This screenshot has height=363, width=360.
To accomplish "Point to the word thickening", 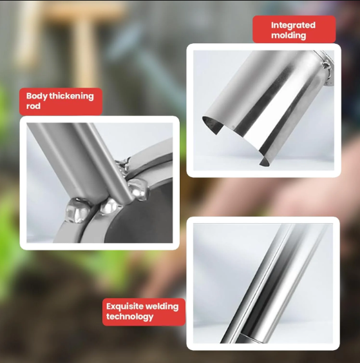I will [x=71, y=96].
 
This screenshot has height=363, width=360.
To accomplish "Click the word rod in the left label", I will [x=33, y=106].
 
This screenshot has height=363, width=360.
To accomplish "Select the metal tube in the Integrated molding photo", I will [x=270, y=103].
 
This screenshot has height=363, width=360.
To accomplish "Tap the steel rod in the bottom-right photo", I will [x=270, y=284].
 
